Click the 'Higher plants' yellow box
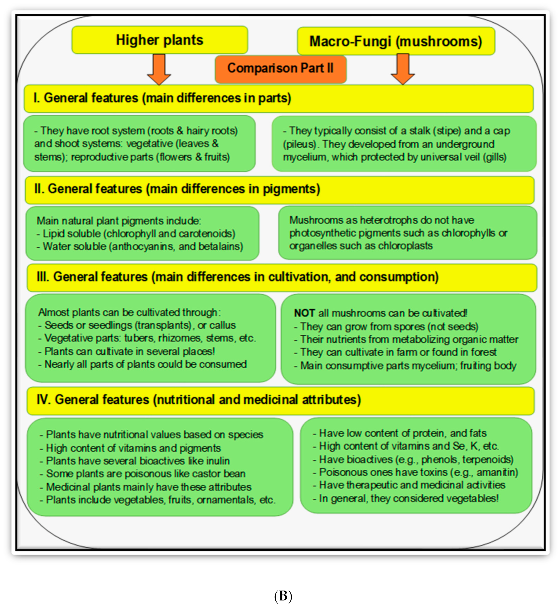pyautogui.click(x=159, y=40)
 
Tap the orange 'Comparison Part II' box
pyautogui.click(x=280, y=68)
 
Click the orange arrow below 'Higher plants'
pyautogui.click(x=159, y=70)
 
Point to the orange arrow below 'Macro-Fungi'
pyautogui.click(x=403, y=70)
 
